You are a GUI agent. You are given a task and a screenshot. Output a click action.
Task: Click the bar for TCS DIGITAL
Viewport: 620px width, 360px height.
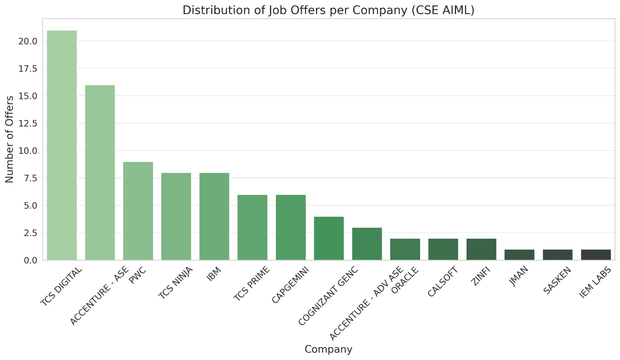(62, 145)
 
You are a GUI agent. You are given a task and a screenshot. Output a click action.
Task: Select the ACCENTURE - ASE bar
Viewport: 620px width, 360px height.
(100, 172)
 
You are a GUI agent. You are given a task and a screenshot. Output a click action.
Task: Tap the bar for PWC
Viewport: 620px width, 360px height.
(138, 211)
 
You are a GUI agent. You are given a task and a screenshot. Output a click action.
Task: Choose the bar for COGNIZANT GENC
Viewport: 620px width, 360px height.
(329, 238)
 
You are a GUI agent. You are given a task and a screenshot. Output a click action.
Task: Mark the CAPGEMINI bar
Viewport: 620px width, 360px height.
(291, 227)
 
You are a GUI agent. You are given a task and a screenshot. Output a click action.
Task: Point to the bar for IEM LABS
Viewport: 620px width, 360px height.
(596, 255)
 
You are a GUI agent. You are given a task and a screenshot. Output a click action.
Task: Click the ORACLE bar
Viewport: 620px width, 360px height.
(405, 249)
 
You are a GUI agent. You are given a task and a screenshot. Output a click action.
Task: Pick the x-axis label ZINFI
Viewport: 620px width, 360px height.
(482, 277)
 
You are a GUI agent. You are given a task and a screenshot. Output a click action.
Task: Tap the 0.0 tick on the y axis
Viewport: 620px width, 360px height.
(31, 260)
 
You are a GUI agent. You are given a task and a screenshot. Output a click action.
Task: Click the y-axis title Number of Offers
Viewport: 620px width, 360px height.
(10, 139)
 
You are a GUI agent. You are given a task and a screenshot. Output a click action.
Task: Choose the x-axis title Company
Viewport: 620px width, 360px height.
(328, 349)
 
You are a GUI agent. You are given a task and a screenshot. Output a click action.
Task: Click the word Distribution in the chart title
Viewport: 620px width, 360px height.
(207, 10)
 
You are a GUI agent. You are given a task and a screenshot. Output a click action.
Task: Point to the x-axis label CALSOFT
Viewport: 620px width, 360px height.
(443, 282)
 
